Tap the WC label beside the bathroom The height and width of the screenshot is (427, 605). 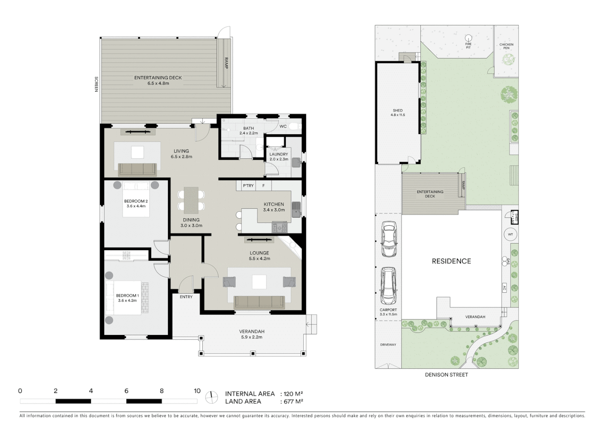(283, 127)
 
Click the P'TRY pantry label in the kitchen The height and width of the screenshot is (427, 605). (248, 185)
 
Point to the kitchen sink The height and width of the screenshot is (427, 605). (296, 210)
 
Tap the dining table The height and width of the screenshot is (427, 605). (191, 200)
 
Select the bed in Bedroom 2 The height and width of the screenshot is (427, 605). (136, 199)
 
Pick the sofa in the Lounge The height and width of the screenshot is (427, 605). (259, 302)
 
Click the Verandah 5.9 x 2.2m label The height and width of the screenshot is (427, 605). (251, 334)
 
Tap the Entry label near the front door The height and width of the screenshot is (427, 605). (186, 297)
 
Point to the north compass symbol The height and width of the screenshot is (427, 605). (212, 397)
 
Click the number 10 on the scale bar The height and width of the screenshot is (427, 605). (197, 391)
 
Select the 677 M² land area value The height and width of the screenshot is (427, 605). (294, 402)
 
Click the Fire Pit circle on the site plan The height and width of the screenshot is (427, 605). (468, 38)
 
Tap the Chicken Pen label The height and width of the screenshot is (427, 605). (506, 46)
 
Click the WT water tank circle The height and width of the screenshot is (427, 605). (510, 234)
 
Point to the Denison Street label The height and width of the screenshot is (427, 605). (446, 375)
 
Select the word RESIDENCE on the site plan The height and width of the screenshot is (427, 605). (451, 261)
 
